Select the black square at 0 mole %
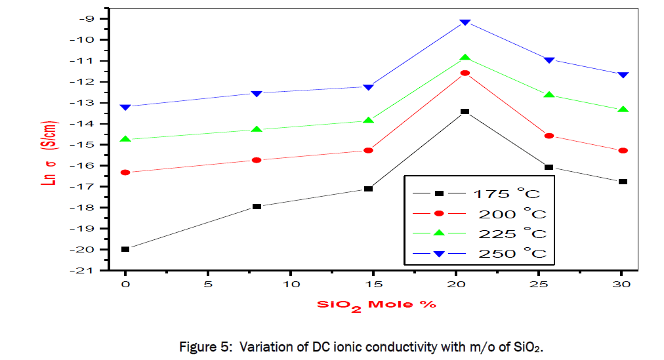point(125,249)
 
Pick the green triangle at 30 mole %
point(623,110)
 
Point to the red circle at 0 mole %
point(125,172)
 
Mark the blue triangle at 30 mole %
point(623,75)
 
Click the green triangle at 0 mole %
point(125,139)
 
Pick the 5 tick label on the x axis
point(208,284)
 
